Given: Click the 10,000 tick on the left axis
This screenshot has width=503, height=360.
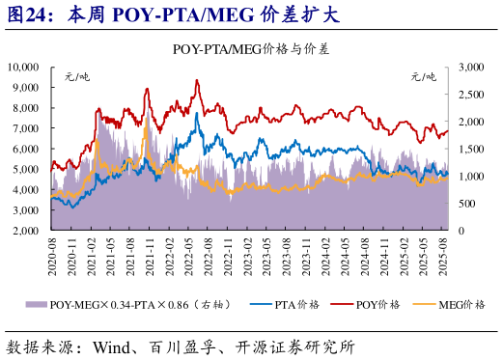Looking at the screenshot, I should (22, 67).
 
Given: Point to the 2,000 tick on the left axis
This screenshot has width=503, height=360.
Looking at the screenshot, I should (25, 232).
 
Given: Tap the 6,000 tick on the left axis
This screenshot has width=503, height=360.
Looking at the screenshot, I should (25, 150).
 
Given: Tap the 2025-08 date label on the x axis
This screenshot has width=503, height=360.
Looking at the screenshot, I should (445, 259).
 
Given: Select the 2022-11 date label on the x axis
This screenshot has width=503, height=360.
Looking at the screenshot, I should (228, 259).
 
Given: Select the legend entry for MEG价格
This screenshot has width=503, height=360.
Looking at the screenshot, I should (459, 305).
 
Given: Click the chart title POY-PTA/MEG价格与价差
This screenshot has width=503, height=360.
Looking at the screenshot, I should (251, 48).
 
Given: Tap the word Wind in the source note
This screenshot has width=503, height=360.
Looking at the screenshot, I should (113, 345).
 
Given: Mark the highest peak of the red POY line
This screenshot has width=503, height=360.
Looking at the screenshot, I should (198, 81).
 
